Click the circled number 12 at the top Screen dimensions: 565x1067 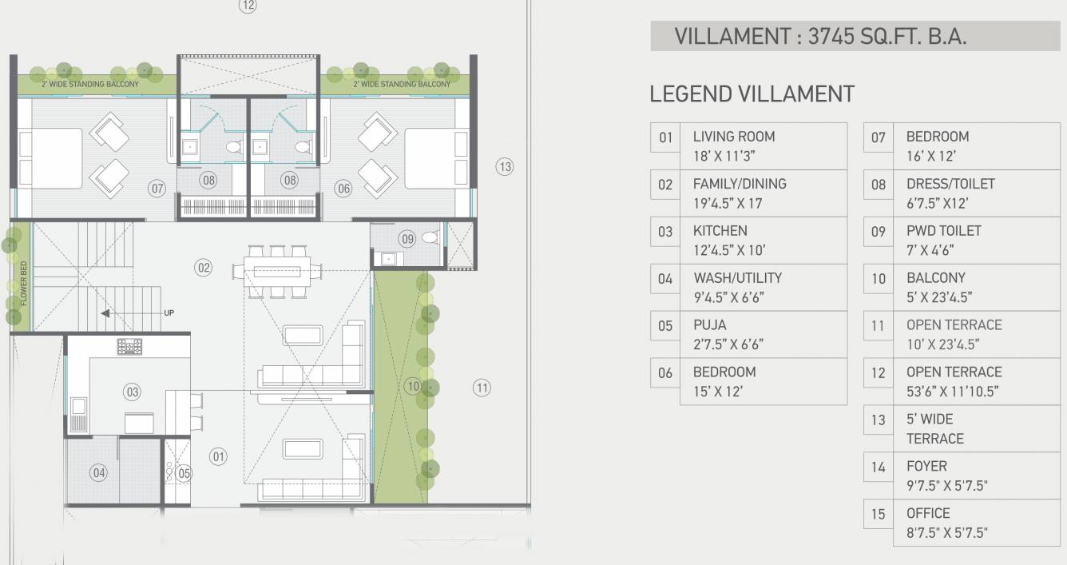click(x=248, y=6)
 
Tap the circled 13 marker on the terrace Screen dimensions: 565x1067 click(x=504, y=167)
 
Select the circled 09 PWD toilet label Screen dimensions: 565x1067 click(x=408, y=238)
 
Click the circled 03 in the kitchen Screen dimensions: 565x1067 click(x=132, y=392)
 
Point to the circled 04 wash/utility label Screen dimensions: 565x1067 click(x=98, y=473)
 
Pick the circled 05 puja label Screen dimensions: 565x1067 click(x=184, y=473)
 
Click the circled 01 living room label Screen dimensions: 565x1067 click(x=218, y=456)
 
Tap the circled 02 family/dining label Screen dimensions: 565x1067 click(x=204, y=268)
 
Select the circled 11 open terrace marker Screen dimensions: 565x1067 click(x=482, y=388)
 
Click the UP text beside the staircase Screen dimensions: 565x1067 click(x=169, y=313)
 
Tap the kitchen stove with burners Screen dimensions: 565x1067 click(x=129, y=347)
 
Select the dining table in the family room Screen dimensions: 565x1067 click(x=278, y=272)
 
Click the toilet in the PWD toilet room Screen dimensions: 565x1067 click(x=430, y=237)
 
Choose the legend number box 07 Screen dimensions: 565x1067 click(x=879, y=137)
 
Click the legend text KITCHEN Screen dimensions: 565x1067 click(x=720, y=231)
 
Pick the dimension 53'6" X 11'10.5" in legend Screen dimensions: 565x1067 click(x=952, y=392)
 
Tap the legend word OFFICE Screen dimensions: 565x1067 click(x=928, y=513)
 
